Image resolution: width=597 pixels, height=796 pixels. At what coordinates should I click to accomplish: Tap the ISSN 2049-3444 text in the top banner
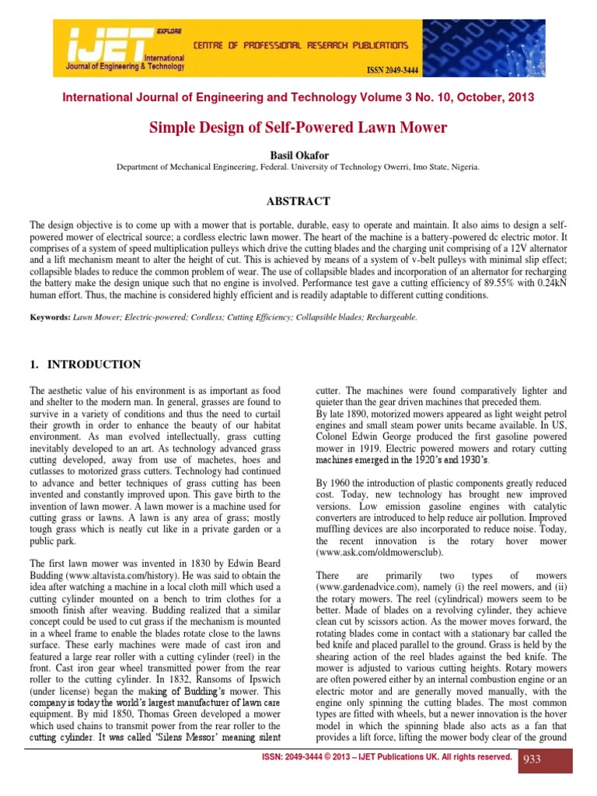393,70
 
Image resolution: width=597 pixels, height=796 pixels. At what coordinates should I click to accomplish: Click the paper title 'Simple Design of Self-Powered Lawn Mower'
298,127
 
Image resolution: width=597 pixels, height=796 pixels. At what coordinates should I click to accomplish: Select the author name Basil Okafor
298,155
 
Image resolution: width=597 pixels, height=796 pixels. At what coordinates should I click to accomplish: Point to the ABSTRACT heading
298,201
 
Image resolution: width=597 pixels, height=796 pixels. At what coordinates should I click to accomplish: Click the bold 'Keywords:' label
50,317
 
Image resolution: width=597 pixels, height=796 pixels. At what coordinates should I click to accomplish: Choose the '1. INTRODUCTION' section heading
85,365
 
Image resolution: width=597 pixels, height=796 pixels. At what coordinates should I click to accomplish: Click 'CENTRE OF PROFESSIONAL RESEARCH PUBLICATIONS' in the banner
300,46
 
